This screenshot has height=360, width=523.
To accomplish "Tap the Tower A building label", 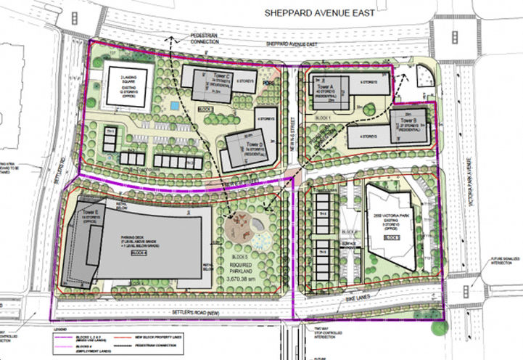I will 324,86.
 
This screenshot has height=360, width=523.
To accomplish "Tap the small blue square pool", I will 173,107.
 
